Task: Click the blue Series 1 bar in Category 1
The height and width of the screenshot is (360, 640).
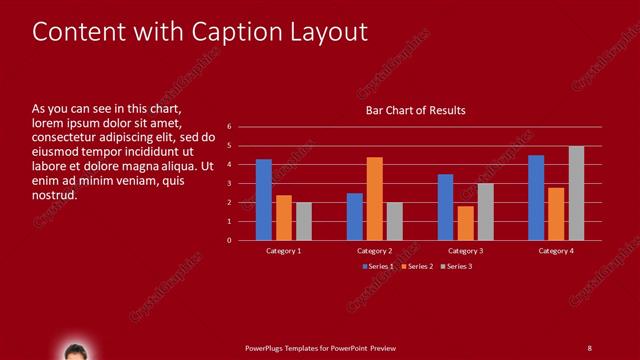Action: pyautogui.click(x=264, y=200)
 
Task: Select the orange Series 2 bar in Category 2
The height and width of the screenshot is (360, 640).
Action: pyautogui.click(x=375, y=199)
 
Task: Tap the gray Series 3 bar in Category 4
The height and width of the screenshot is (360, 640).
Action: pyautogui.click(x=577, y=193)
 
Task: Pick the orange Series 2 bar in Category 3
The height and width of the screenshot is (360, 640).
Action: pyautogui.click(x=466, y=223)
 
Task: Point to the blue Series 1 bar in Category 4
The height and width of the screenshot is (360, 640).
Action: pyautogui.click(x=536, y=198)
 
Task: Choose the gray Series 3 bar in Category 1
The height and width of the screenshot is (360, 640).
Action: pyautogui.click(x=304, y=221)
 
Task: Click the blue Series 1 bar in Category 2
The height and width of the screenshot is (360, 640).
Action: pyautogui.click(x=355, y=216)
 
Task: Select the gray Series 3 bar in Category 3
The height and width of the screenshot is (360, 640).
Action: pyautogui.click(x=486, y=212)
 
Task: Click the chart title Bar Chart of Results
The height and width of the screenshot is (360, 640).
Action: pyautogui.click(x=415, y=110)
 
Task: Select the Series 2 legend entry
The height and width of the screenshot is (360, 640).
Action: pyautogui.click(x=416, y=266)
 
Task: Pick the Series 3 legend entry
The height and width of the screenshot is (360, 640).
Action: pyautogui.click(x=456, y=266)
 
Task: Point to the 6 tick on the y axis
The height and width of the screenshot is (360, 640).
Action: pyautogui.click(x=229, y=127)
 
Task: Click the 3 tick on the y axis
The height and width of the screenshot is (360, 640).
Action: pyautogui.click(x=229, y=183)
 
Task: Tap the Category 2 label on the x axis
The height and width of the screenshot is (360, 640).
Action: pyautogui.click(x=375, y=250)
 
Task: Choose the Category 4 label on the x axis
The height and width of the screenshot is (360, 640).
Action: pyautogui.click(x=557, y=250)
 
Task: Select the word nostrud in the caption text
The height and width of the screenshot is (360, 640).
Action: pyautogui.click(x=55, y=195)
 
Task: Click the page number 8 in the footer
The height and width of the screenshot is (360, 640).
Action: pyautogui.click(x=589, y=347)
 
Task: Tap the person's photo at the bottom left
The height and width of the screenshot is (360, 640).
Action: pyautogui.click(x=75, y=351)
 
